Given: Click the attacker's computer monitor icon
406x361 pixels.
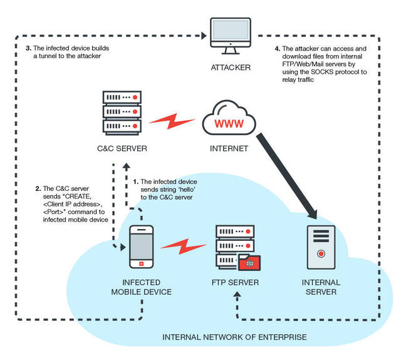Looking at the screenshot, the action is pos(231,36).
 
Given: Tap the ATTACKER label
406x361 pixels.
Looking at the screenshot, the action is pos(231,68).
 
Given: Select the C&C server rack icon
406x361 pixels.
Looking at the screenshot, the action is pos(122,113).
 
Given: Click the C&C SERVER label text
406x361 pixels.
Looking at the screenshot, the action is pos(122,148).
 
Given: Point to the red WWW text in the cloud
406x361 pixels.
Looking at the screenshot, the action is pos(229,124).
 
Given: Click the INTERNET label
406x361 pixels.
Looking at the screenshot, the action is pos(229,148).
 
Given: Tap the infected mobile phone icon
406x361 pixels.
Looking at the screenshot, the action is pos(142,247).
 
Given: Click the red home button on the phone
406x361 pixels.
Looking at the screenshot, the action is pos(142,264).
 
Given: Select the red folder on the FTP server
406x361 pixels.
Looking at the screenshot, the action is pos(249,262).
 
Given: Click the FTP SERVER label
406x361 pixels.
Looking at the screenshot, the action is pos(235,282).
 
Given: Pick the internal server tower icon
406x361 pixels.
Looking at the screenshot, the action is pos(321,248).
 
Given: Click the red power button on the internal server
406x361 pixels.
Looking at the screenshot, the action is pos(321,253).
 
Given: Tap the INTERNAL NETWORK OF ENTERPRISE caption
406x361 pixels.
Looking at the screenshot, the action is pos(234,337).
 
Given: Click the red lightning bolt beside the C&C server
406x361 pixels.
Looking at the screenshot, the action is pos(172,121).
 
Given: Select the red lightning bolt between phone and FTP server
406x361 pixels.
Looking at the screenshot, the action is pos(184,247).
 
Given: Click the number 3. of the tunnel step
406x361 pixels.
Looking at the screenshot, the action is pos(28,48).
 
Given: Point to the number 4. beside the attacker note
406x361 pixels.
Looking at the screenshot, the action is pos(278,49).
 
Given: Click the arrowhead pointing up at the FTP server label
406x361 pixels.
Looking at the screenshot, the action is pos(237,294).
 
